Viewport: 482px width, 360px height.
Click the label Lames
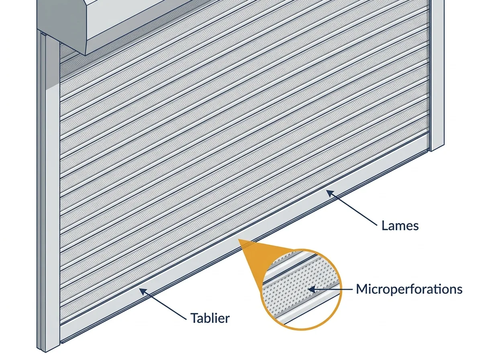(x=400, y=226)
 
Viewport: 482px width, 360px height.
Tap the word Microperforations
(x=409, y=289)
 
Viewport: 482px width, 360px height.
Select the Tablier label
(x=210, y=318)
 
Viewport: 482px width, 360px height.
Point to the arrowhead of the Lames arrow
(x=329, y=193)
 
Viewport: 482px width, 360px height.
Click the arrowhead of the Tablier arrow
(x=143, y=291)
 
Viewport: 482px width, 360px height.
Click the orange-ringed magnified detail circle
(x=301, y=289)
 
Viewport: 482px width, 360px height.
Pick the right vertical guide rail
(x=437, y=75)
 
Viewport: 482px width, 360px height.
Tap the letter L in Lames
(x=384, y=226)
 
